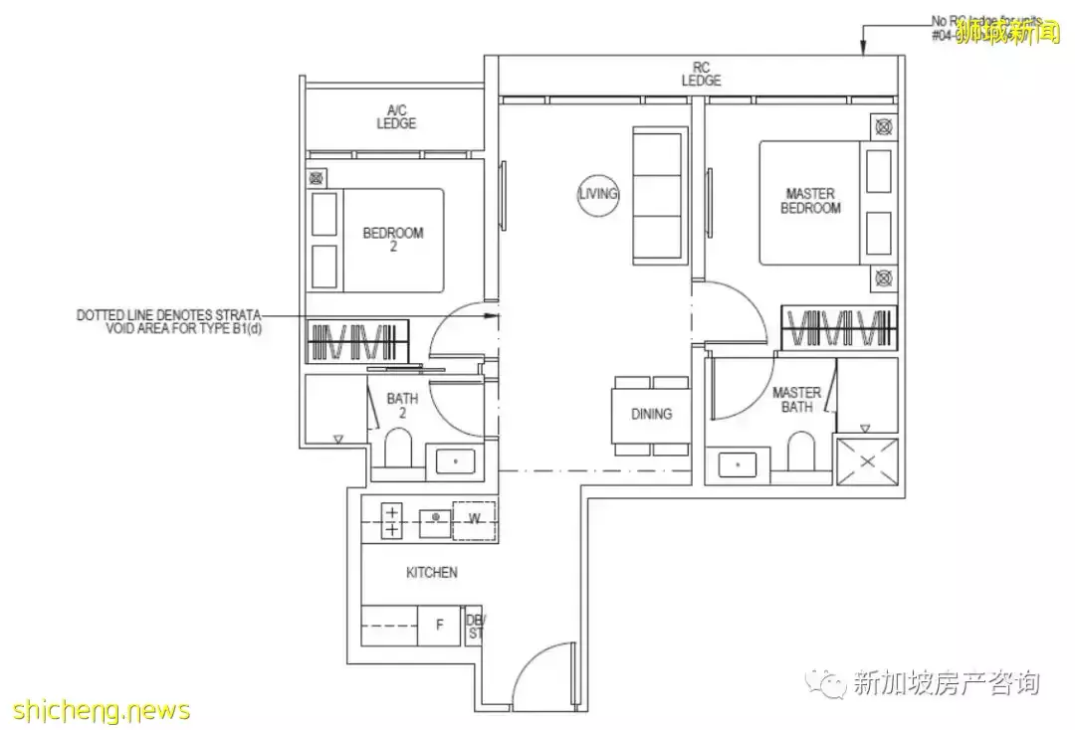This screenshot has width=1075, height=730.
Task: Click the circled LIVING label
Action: (598, 194)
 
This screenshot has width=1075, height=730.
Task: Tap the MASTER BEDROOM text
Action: (810, 201)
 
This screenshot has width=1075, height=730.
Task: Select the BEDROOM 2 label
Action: (392, 240)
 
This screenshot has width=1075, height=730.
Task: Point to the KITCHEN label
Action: (432, 573)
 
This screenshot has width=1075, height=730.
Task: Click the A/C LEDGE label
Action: (395, 117)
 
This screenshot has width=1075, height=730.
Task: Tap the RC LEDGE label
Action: (701, 74)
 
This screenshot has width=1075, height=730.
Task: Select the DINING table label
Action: (651, 414)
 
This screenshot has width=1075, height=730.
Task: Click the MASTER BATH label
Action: (796, 400)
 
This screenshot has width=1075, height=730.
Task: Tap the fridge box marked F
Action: (439, 626)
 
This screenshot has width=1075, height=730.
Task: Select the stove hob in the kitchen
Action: (392, 521)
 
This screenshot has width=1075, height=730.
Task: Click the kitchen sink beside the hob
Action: (434, 518)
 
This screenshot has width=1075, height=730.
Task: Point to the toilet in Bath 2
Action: (398, 450)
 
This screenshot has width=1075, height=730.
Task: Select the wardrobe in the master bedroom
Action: (838, 327)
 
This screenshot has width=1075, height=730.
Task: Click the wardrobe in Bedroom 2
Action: (356, 341)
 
